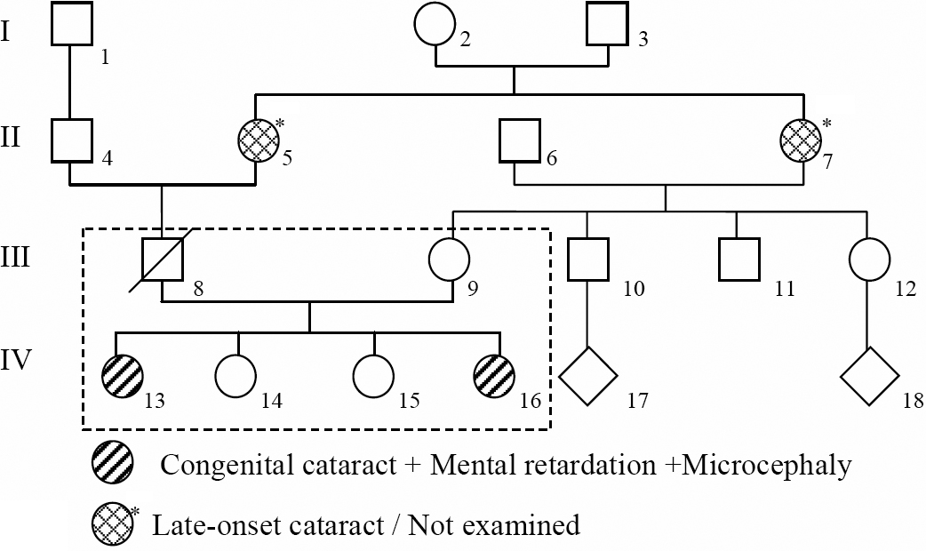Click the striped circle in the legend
pos(113,464)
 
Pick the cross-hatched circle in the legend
pos(113,525)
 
